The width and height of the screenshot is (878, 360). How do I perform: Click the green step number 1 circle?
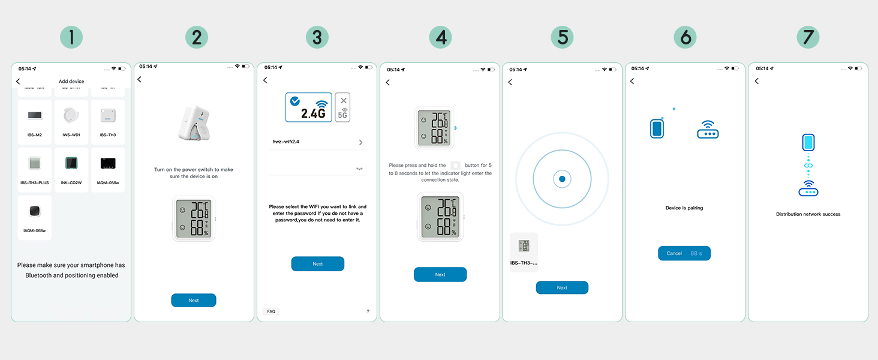tap(71, 38)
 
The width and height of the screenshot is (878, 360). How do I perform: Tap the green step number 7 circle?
tap(808, 38)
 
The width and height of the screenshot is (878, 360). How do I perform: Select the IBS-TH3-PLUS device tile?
tap(34, 170)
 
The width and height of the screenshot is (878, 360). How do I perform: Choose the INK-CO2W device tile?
tap(71, 170)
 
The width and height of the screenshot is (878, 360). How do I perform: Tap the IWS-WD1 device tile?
tap(71, 122)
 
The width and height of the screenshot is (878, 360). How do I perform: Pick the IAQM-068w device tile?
tap(34, 218)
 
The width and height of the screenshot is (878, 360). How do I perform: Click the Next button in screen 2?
tap(193, 300)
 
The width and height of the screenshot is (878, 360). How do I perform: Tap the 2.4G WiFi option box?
tap(308, 107)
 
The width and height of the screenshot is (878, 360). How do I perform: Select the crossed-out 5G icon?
tap(343, 108)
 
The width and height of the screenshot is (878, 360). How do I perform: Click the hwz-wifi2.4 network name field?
tap(314, 142)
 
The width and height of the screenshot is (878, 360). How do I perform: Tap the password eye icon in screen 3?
tap(359, 169)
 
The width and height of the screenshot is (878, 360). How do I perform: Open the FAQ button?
tap(271, 311)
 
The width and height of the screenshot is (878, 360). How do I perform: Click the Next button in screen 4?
tap(440, 274)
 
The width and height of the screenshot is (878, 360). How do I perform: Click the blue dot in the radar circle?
tap(562, 179)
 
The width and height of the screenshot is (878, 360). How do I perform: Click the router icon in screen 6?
tap(708, 130)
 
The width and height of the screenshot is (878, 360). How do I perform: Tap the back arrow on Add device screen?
tap(18, 81)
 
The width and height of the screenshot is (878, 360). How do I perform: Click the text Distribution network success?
tap(808, 214)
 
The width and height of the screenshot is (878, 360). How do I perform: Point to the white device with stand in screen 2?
tap(193, 125)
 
